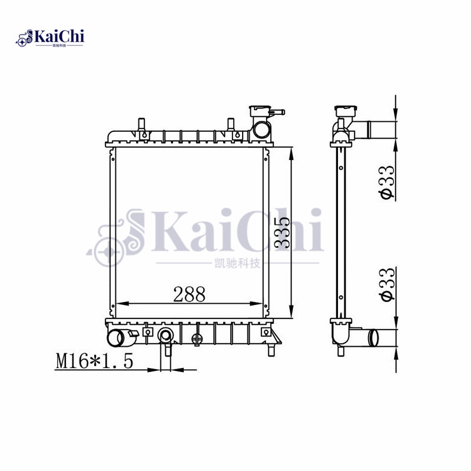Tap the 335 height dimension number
[x=281, y=233]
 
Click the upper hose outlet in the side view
[x=377, y=128]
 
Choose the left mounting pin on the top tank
[x=141, y=125]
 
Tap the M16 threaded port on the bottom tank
[x=165, y=337]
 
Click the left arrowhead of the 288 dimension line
[x=120, y=303]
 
